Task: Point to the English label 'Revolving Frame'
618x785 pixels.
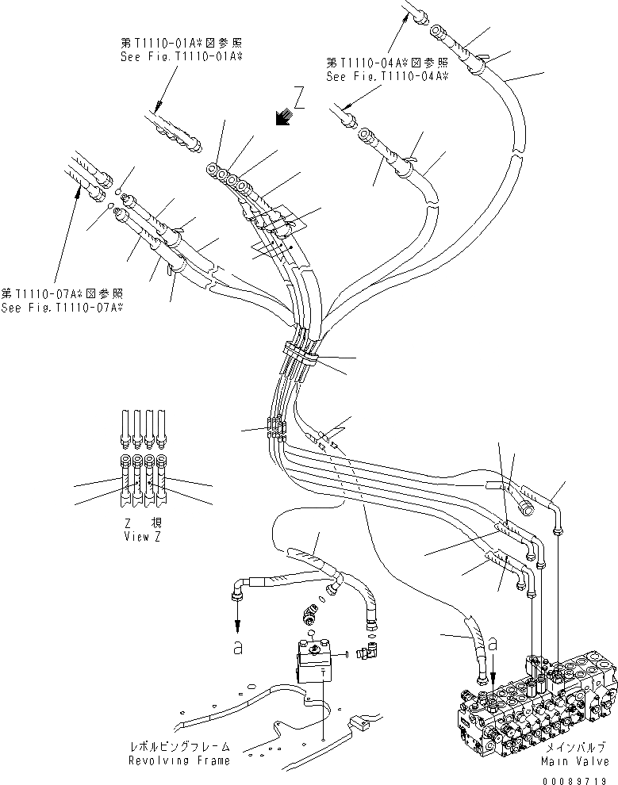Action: point(181,760)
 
